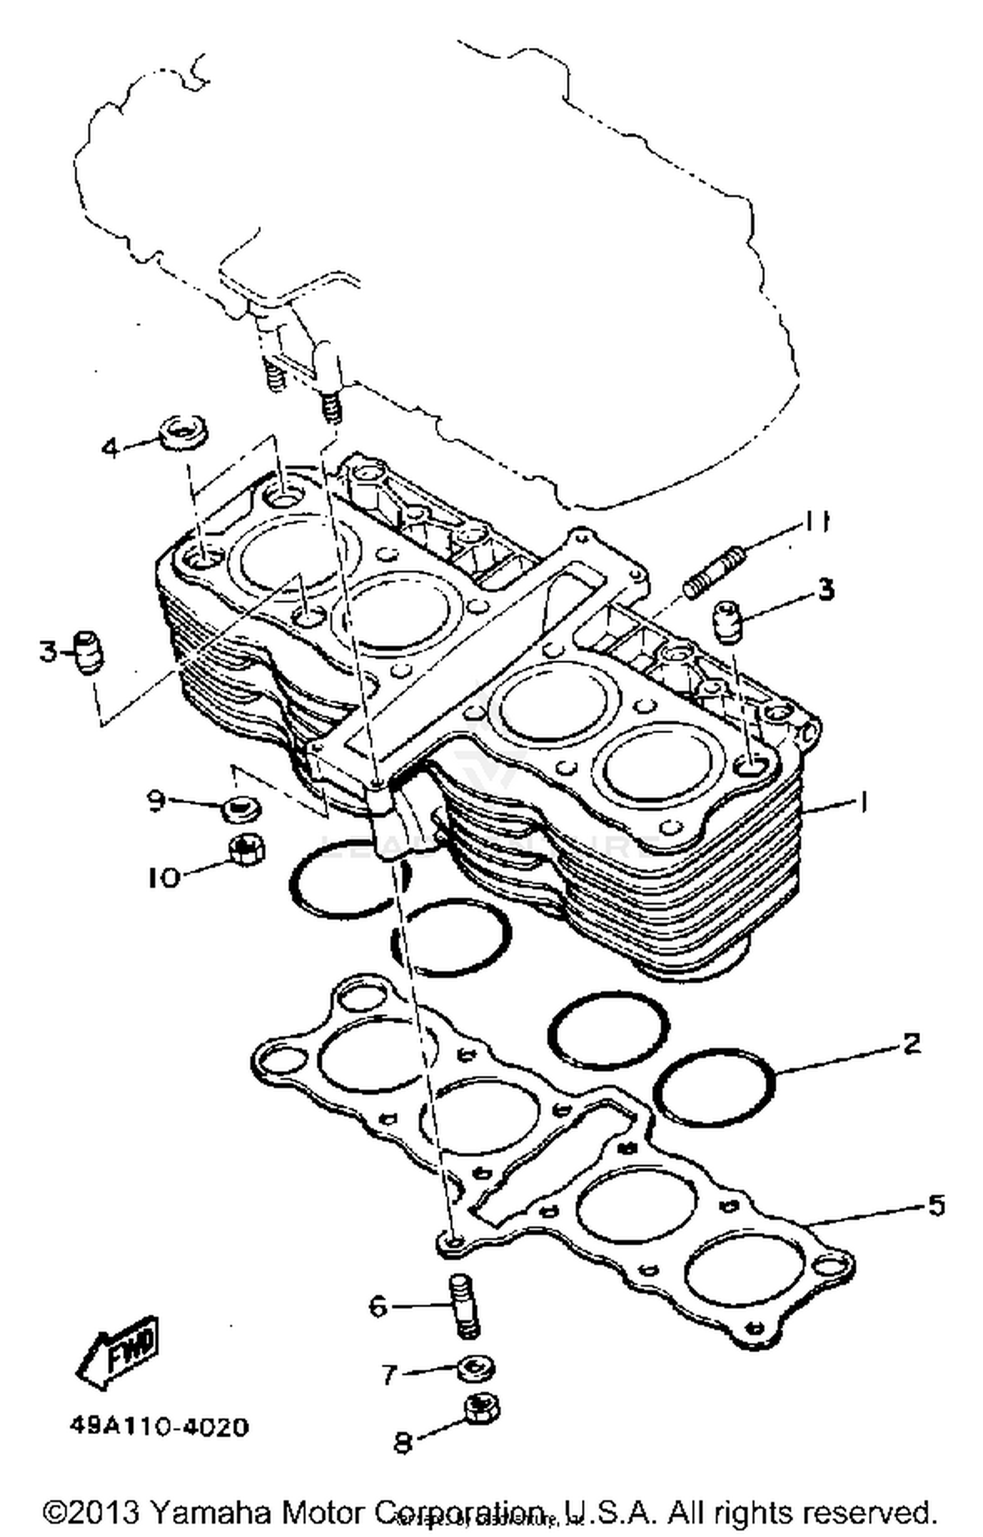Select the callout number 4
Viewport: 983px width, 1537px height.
[111, 449]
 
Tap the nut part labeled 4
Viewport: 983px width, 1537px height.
[183, 433]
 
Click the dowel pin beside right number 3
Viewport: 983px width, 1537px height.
[727, 621]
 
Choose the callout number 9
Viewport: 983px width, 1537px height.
[155, 801]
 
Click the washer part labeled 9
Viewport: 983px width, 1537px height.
[241, 810]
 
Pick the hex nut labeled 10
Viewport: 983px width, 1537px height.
[246, 851]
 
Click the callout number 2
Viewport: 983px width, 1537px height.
[912, 1044]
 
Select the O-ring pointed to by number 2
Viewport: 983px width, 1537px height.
[715, 1088]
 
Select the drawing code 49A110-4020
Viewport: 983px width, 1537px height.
[159, 1426]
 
